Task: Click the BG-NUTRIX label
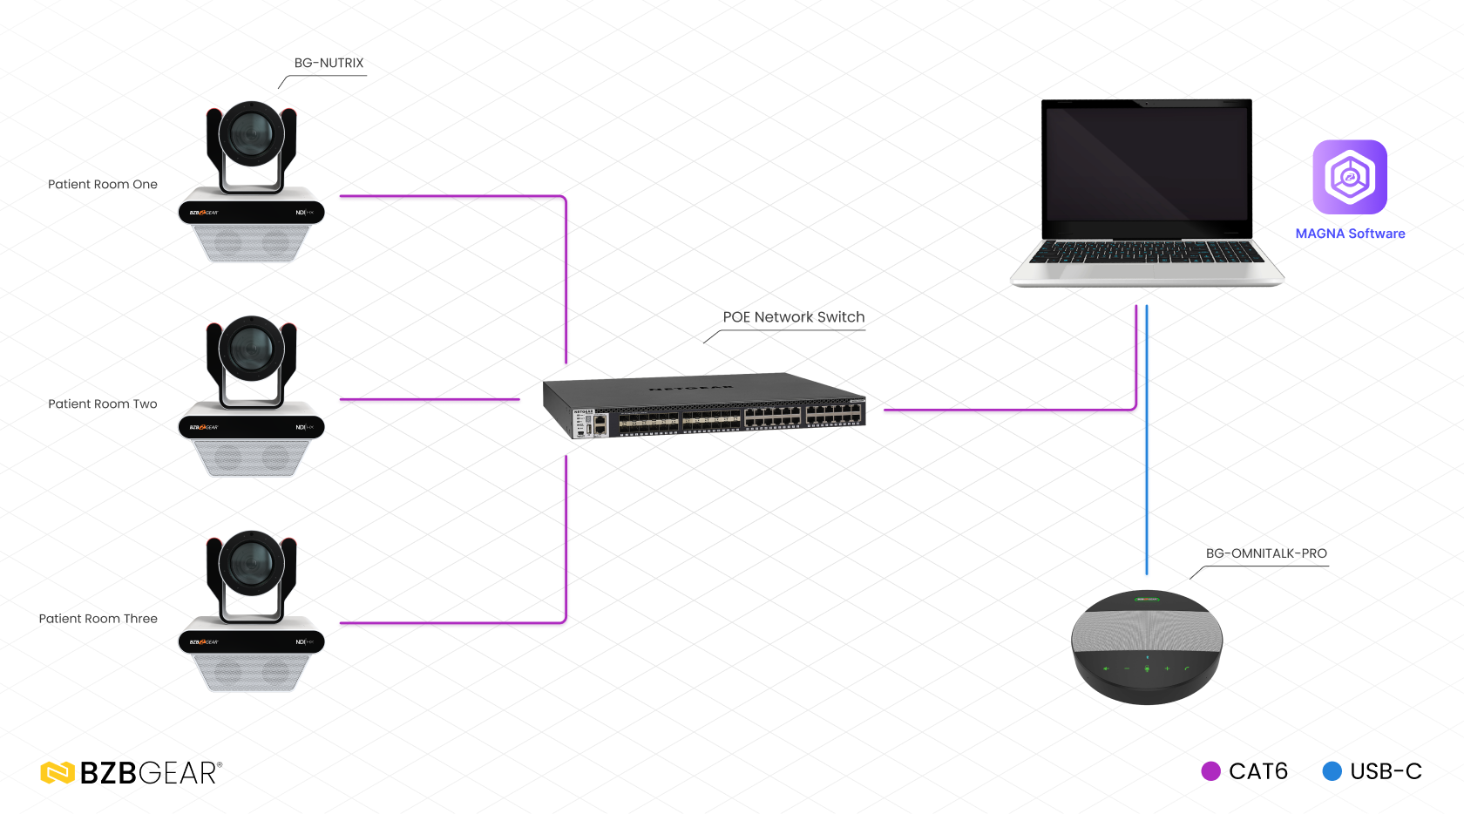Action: [x=329, y=63]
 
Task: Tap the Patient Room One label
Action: [x=103, y=185]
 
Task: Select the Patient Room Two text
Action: [x=103, y=404]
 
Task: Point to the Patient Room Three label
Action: [x=98, y=619]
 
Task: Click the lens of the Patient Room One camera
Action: [x=252, y=133]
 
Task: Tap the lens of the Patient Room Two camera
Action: [x=252, y=349]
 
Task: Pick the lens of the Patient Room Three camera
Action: [x=252, y=563]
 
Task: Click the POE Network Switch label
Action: [x=793, y=317]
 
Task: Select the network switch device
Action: [x=704, y=405]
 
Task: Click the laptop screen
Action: [x=1147, y=164]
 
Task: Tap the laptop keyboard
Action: [x=1147, y=253]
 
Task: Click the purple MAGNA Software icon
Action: [x=1350, y=177]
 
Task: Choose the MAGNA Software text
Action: [x=1351, y=234]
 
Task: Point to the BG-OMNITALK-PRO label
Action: [x=1266, y=553]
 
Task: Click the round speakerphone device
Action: [x=1147, y=648]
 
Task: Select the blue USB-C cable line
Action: [x=1147, y=440]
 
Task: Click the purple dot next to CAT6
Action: [x=1211, y=771]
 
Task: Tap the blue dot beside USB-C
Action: [x=1332, y=771]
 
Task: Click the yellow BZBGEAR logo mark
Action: [x=58, y=773]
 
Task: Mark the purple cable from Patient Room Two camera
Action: [x=430, y=399]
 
